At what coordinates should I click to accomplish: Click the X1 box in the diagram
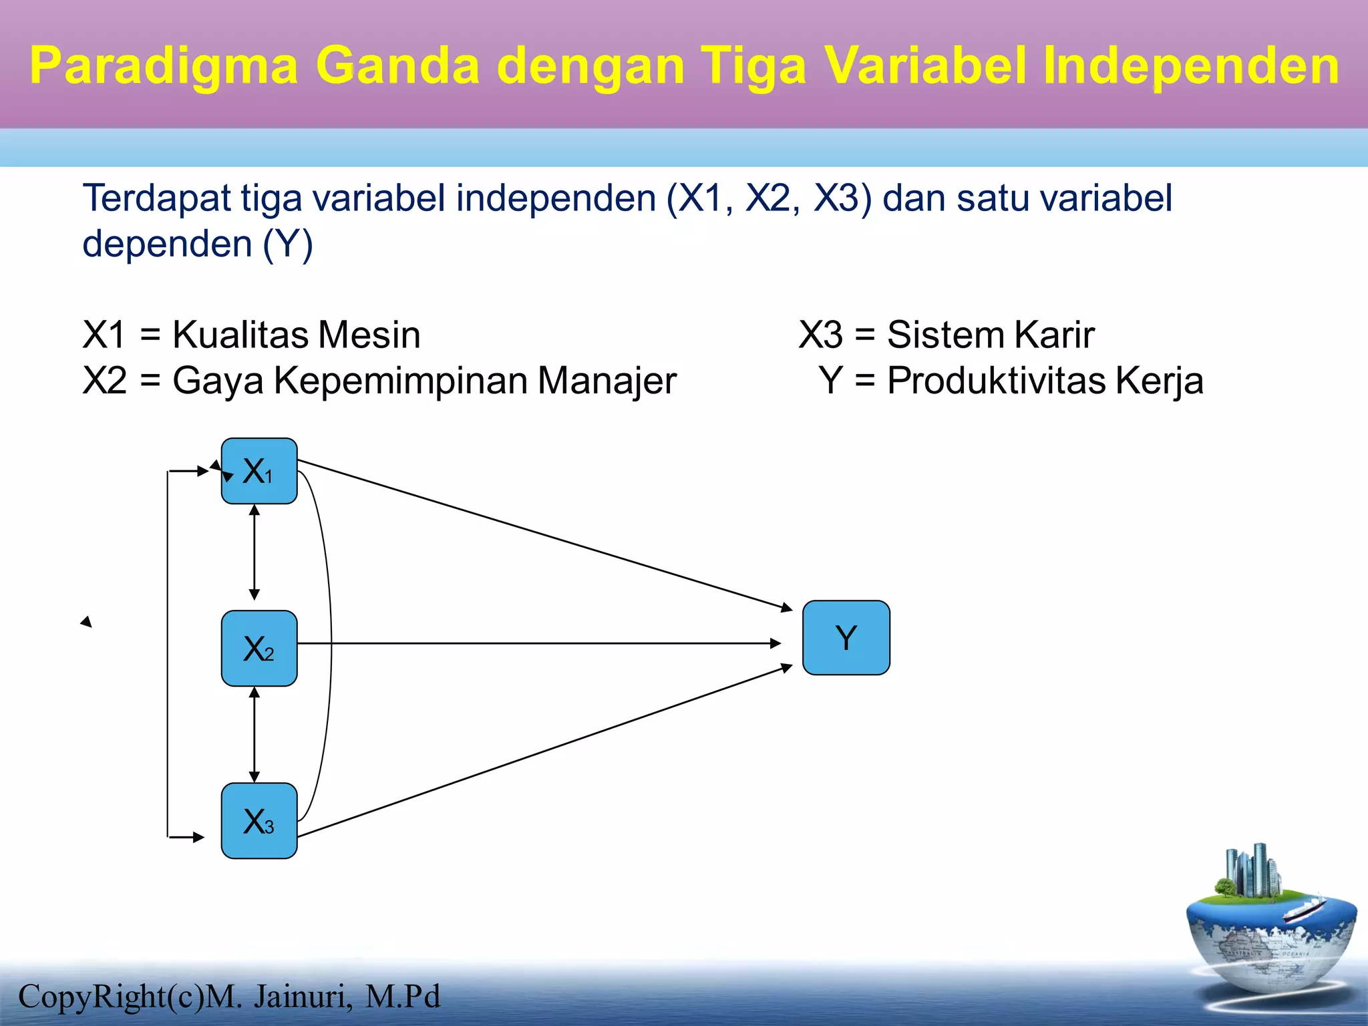point(259,471)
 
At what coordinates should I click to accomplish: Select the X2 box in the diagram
point(259,648)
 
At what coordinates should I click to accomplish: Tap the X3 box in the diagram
point(259,820)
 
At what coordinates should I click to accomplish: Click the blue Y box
point(846,637)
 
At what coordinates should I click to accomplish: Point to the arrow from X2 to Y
point(534,643)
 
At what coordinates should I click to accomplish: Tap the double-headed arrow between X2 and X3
point(254,735)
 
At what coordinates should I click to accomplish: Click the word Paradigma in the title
point(164,65)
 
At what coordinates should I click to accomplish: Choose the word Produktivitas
point(996,381)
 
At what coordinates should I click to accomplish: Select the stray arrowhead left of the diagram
point(86,622)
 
